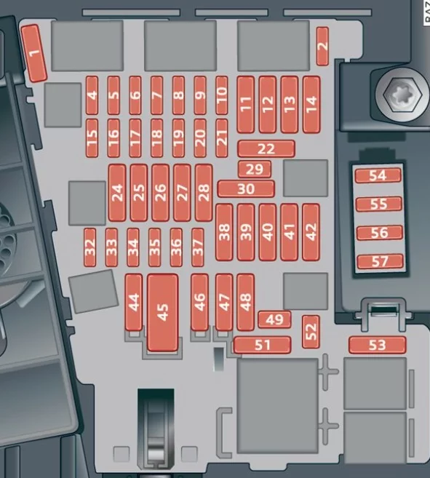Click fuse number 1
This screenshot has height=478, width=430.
(34, 53)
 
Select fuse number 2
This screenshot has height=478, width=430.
(322, 46)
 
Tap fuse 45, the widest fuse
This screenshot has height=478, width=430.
(162, 312)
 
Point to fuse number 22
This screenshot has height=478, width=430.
(266, 148)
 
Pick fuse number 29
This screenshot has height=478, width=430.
(255, 169)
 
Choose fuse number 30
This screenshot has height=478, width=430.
(246, 188)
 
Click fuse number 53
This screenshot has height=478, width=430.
(377, 345)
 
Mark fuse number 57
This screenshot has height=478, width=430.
(380, 262)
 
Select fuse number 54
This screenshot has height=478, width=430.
(378, 175)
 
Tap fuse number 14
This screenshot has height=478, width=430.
(311, 105)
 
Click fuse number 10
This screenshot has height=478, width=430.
(222, 95)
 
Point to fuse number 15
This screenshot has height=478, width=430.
(92, 138)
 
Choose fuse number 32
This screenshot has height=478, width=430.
(89, 247)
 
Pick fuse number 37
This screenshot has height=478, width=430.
(198, 247)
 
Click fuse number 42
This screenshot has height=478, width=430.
(311, 232)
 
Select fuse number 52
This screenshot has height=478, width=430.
(311, 332)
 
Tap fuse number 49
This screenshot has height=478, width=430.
(274, 319)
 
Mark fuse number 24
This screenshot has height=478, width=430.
(117, 193)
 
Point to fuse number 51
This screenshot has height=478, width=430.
(262, 345)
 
